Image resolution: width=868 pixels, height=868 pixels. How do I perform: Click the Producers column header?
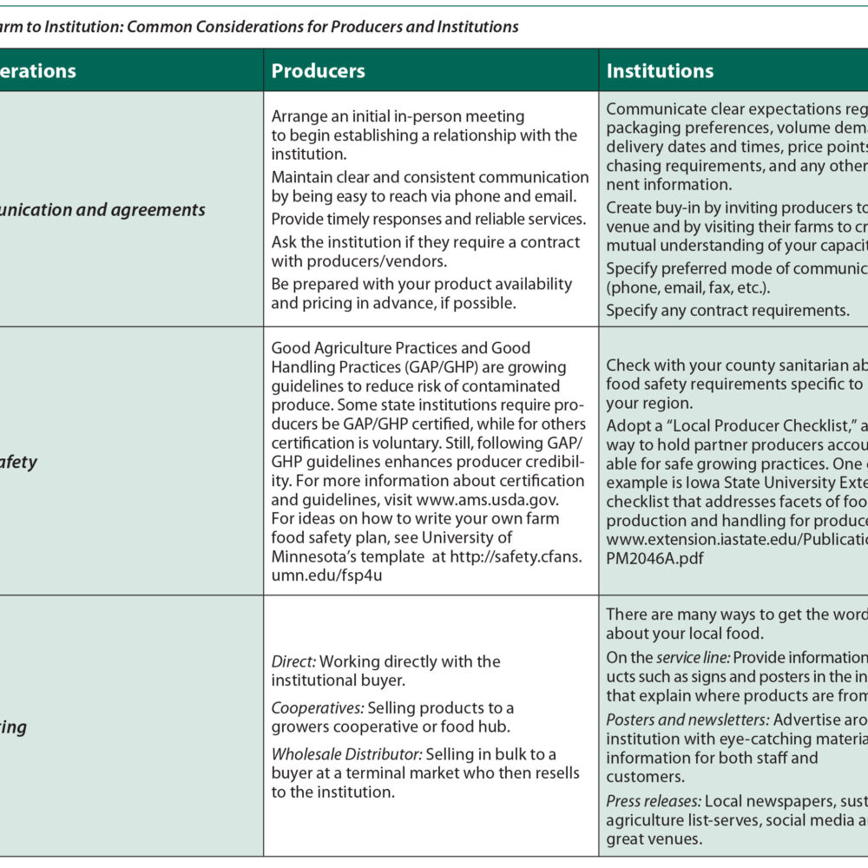(x=318, y=71)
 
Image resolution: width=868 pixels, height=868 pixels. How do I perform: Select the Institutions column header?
(x=660, y=71)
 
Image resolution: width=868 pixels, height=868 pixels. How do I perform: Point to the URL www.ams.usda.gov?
(x=486, y=499)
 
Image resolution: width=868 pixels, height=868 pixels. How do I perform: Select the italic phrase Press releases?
(x=653, y=800)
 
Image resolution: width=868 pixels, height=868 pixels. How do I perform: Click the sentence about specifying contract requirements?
(x=727, y=310)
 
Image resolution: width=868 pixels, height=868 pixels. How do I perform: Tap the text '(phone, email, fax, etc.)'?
(x=687, y=287)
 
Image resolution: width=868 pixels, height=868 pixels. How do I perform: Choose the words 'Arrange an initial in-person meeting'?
(x=398, y=115)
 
